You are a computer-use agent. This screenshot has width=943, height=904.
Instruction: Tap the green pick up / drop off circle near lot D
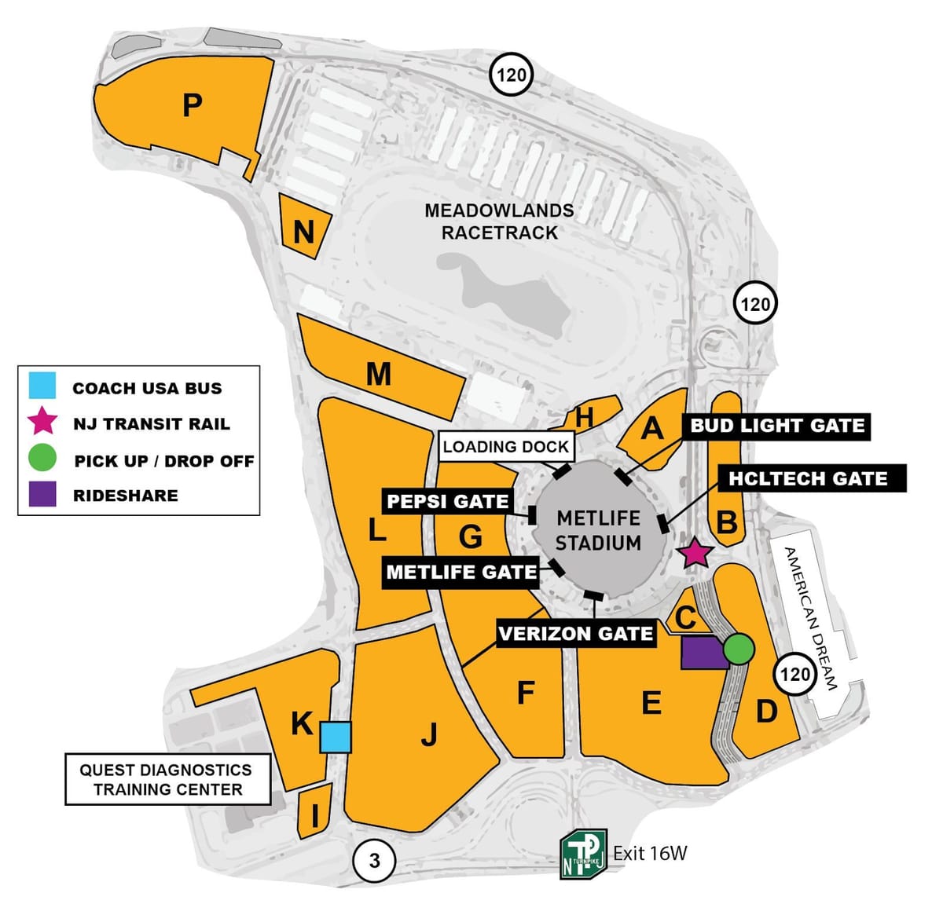739,649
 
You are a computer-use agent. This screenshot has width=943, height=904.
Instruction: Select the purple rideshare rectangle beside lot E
703,653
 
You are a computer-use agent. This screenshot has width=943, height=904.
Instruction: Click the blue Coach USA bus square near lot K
336,737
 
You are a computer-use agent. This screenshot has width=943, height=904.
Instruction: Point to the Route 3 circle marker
374,861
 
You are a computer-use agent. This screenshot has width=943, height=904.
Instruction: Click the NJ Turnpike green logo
582,854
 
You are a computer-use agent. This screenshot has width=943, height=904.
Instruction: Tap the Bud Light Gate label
776,426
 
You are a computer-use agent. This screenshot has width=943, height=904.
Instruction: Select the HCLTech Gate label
809,479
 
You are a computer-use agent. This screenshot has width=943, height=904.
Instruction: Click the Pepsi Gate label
447,502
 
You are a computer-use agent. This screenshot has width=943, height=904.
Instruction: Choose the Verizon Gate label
576,634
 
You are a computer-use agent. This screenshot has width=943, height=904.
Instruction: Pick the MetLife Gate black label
461,573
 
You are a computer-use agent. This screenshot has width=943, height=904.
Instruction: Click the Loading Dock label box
505,447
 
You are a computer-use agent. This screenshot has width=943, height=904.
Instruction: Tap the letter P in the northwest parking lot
193,104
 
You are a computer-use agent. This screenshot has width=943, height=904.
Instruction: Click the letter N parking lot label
303,232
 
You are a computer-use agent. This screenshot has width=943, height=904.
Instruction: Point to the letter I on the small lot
315,817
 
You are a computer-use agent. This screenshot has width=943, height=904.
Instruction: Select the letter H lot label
584,418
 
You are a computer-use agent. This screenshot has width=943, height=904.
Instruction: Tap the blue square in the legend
42,387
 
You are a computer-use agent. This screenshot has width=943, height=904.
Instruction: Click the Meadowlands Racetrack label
499,221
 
